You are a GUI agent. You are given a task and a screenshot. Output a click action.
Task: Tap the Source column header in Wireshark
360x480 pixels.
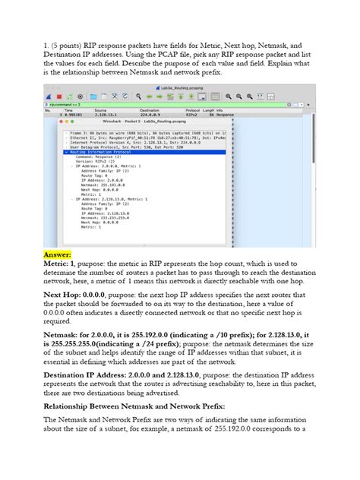pos(103,110)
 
